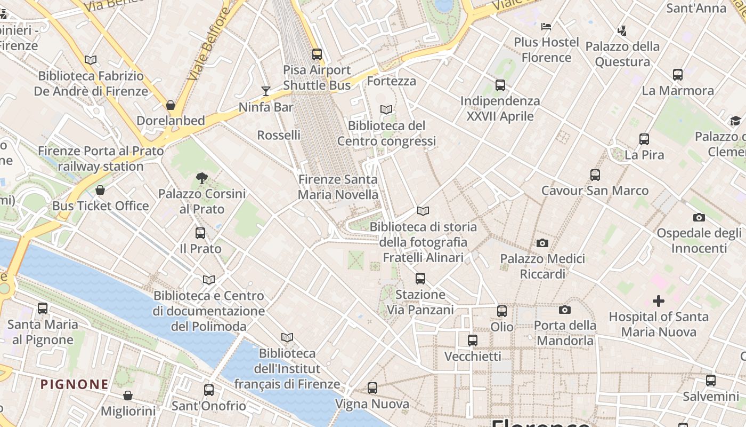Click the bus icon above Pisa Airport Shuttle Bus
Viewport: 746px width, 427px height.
tap(317, 54)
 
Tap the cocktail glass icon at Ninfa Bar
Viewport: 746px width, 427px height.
tap(266, 91)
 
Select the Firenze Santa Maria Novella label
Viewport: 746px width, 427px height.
tap(338, 187)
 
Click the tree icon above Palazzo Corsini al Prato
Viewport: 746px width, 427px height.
tap(201, 178)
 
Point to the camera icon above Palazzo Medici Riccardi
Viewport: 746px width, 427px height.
tap(542, 243)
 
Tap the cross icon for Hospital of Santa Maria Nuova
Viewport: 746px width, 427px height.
tap(659, 301)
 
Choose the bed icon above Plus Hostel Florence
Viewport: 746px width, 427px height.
tap(546, 26)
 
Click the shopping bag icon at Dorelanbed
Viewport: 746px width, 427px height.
tap(171, 105)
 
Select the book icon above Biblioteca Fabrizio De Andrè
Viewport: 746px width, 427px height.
tap(91, 60)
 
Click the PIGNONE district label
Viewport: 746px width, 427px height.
tap(75, 384)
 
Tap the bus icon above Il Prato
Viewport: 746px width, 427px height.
tap(200, 233)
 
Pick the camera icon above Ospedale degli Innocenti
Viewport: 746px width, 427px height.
tap(699, 217)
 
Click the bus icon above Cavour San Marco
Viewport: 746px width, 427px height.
tap(595, 175)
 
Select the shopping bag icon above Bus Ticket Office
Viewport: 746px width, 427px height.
tap(100, 190)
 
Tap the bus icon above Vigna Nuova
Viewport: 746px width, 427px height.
tap(372, 388)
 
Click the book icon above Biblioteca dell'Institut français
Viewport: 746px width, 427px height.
tap(287, 337)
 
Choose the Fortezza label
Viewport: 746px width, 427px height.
tap(392, 81)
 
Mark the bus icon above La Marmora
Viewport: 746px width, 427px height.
tap(678, 75)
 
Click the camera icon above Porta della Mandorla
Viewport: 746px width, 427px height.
tap(565, 310)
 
